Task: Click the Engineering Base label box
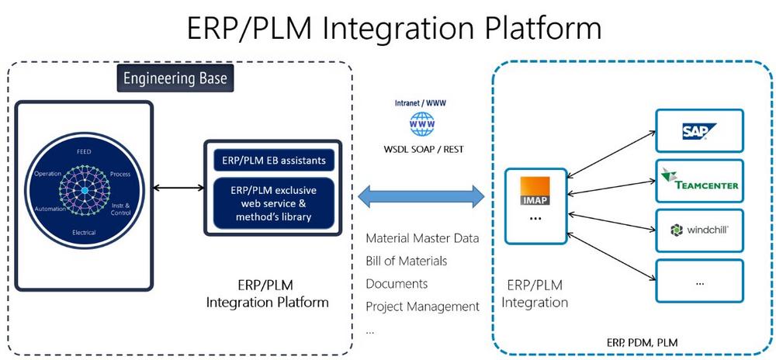coord(175,79)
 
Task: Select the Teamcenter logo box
coord(699,180)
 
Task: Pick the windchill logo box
coord(699,230)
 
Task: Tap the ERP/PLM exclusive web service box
coord(272,202)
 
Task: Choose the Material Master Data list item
coord(422,238)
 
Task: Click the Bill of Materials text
coord(406,261)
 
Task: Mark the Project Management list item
coord(422,306)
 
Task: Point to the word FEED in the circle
coord(84,152)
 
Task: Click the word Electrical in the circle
coord(84,232)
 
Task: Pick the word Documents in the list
coord(397,283)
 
